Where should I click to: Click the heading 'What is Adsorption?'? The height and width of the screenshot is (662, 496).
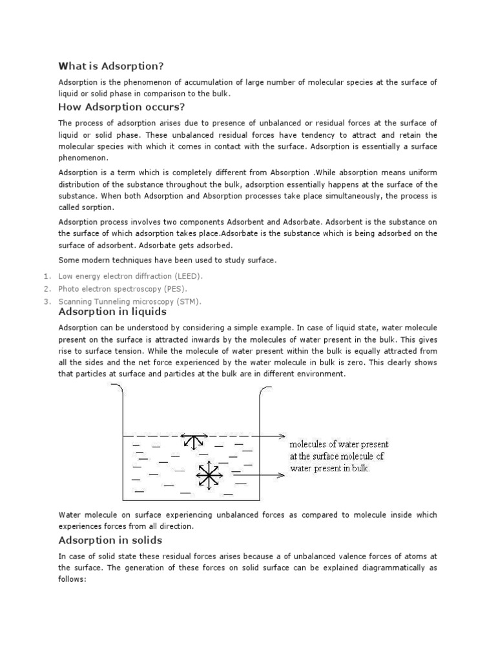(x=111, y=65)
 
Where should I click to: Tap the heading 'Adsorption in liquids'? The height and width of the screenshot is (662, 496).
(x=112, y=312)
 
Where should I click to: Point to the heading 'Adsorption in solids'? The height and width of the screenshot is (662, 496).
(x=110, y=540)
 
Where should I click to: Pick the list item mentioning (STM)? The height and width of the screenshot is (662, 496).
(x=130, y=302)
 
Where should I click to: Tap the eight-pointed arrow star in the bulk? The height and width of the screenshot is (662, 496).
(x=207, y=476)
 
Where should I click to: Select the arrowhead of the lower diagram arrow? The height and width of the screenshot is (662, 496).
(x=282, y=476)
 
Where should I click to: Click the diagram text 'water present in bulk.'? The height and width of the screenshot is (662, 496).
(x=330, y=468)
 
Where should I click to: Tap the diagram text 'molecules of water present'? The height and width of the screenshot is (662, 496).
(x=338, y=445)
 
